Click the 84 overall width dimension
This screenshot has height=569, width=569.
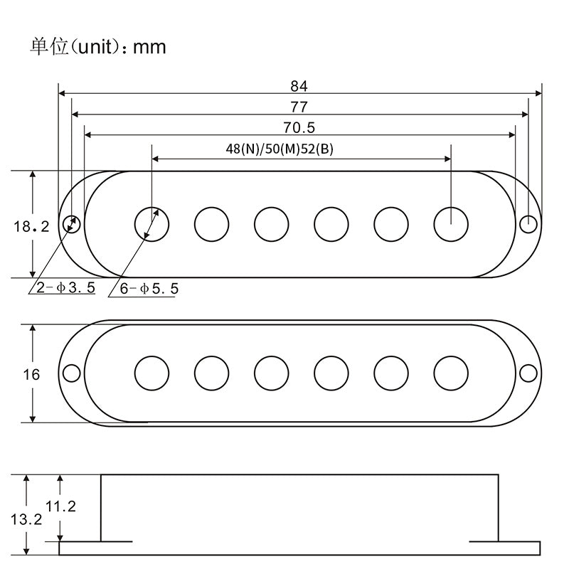coord(299,86)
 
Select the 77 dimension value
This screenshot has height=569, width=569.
coord(299,107)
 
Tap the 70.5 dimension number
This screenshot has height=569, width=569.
coord(299,128)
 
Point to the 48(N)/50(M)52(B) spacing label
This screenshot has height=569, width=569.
coord(280,149)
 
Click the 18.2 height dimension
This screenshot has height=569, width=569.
coord(31,227)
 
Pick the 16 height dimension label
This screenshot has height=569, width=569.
coord(31,375)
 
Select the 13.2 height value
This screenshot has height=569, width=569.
coord(26,519)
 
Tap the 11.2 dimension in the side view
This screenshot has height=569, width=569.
coord(60,506)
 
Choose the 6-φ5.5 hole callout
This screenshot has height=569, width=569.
coord(148,289)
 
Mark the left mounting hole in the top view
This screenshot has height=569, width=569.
coord(72,224)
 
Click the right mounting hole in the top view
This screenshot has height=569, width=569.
coord(528,224)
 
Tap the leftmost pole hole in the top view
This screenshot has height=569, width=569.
coord(152,224)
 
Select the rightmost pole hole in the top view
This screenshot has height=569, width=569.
coord(451,224)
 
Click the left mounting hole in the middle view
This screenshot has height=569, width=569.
coord(72,373)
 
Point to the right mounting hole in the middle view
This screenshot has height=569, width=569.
coord(528,373)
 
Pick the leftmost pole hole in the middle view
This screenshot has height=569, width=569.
coord(152,373)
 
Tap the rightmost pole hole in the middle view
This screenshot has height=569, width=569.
coord(451,373)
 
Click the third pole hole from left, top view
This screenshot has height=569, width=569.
coord(272,224)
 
